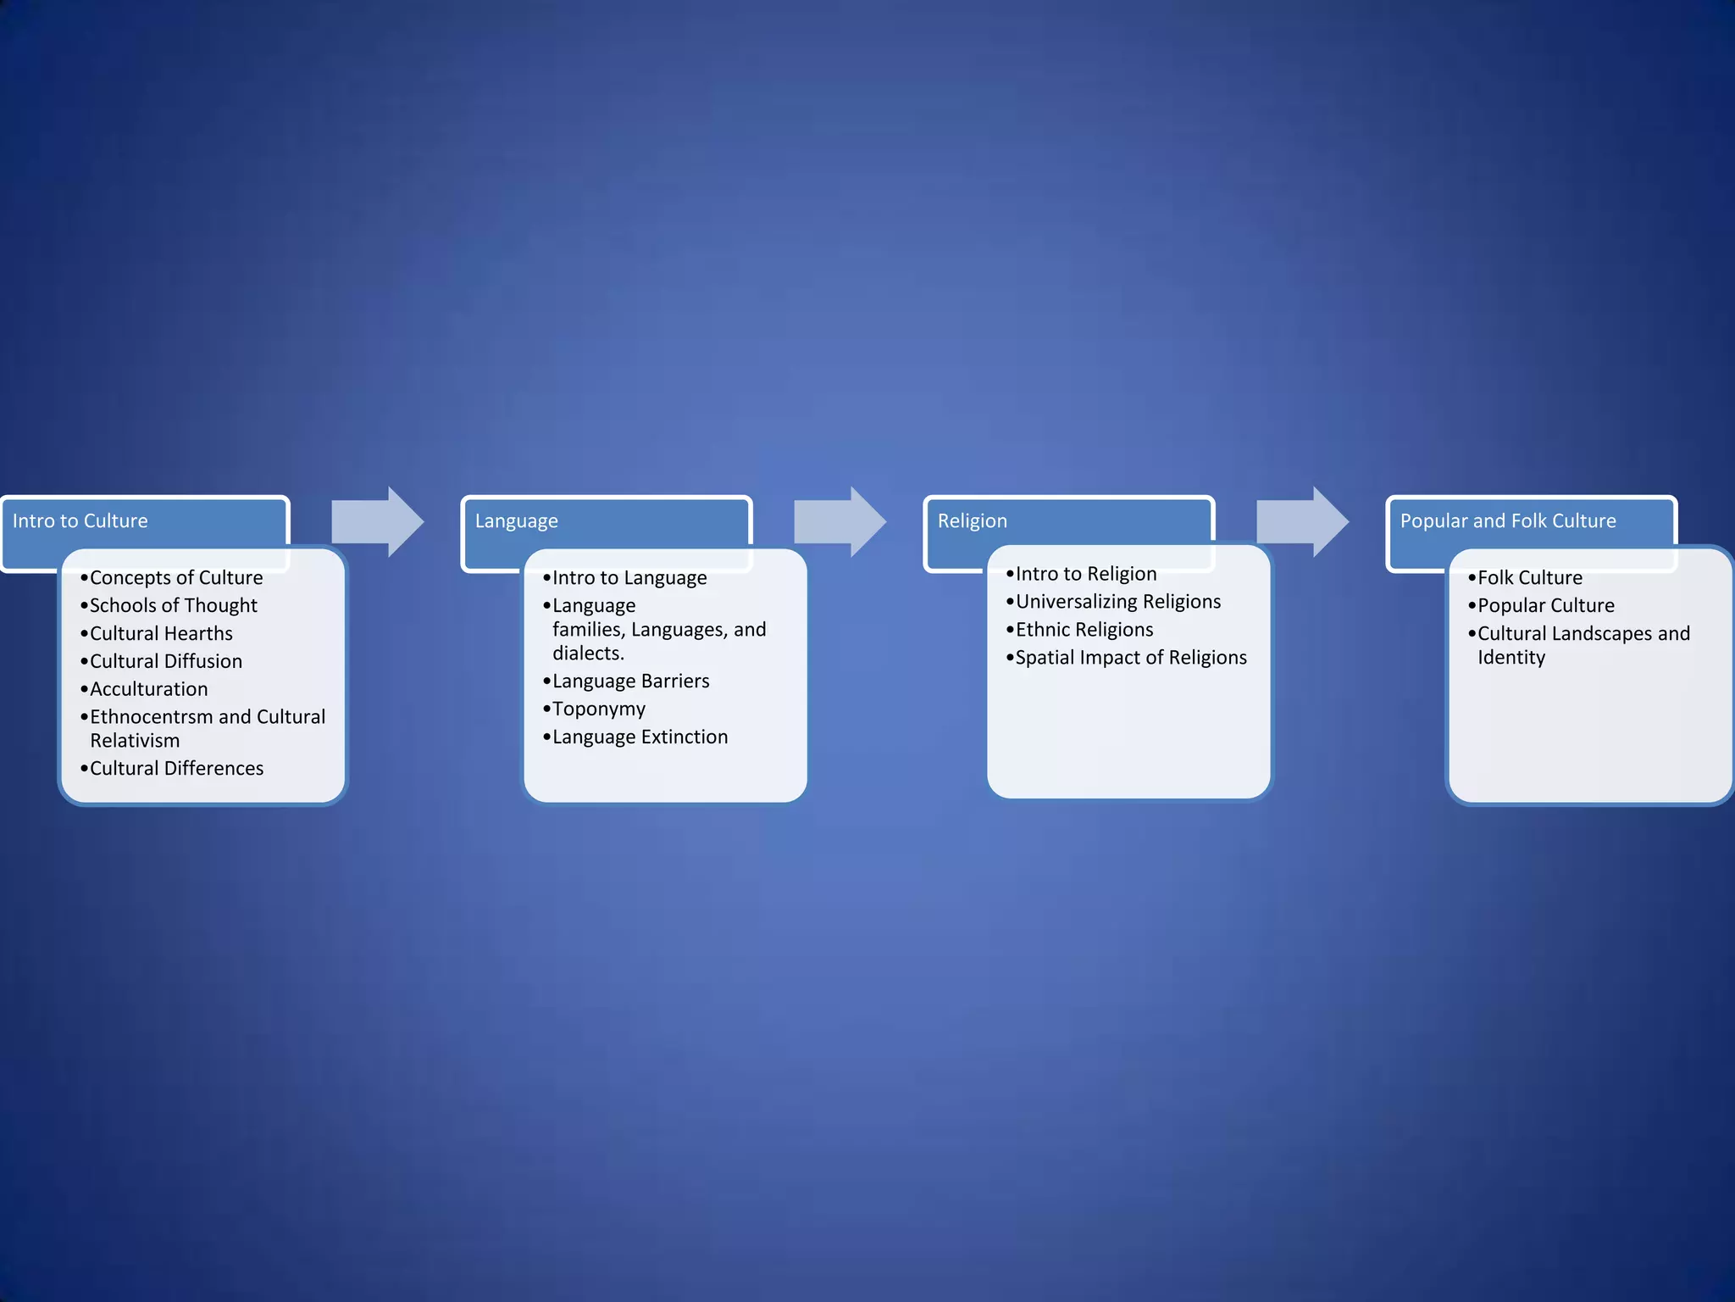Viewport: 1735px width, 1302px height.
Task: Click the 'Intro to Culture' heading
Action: (x=80, y=521)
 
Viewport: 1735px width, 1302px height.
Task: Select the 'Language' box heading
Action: (x=516, y=521)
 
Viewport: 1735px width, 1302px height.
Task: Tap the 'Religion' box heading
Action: (x=972, y=521)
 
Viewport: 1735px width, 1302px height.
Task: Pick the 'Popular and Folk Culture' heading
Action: (x=1507, y=521)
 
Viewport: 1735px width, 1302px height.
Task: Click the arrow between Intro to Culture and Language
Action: (x=377, y=522)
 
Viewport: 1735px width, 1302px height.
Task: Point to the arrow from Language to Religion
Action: (x=840, y=522)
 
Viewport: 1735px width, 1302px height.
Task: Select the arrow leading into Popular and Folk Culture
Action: (x=1302, y=522)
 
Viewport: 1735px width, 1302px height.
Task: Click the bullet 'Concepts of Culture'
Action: (x=176, y=578)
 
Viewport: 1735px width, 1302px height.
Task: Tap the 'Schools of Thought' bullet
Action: (x=173, y=606)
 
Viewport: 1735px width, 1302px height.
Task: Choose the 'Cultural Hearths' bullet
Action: (x=161, y=634)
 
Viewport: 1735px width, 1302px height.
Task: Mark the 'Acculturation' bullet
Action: (x=148, y=689)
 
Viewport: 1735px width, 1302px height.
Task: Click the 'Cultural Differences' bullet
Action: (x=176, y=769)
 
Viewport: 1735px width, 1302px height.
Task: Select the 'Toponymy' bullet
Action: (x=598, y=709)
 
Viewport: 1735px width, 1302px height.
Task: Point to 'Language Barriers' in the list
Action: (x=630, y=682)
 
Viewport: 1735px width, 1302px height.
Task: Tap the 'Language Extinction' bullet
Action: (x=640, y=737)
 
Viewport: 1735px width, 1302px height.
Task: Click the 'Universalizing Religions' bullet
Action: (x=1117, y=602)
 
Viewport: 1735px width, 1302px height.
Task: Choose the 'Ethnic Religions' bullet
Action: (x=1084, y=630)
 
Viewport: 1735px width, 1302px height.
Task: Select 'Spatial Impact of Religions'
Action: (x=1130, y=658)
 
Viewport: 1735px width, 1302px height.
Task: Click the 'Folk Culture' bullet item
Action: (x=1529, y=578)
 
